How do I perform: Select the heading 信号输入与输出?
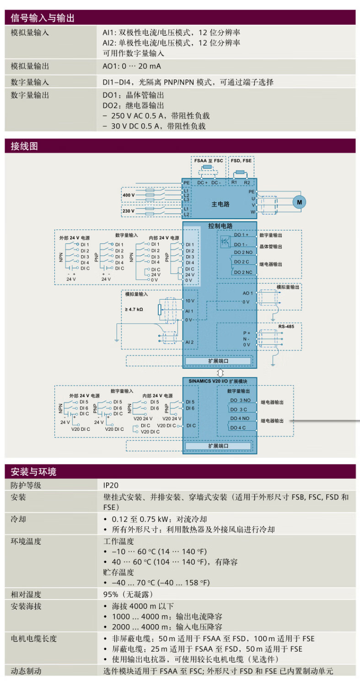click(43, 18)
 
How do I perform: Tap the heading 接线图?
click(24, 146)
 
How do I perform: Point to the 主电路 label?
click(220, 204)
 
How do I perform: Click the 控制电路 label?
click(220, 226)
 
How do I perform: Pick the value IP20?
click(111, 485)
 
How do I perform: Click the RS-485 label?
click(286, 327)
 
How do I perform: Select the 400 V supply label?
click(129, 195)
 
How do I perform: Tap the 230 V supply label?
click(129, 211)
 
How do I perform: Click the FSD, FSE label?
click(241, 161)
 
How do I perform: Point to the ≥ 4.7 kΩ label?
click(134, 309)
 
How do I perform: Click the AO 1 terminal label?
click(247, 293)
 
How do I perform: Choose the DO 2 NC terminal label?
click(243, 272)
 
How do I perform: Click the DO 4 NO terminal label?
click(239, 418)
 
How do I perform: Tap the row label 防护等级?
click(26, 485)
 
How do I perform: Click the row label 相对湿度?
click(26, 595)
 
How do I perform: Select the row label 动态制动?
click(26, 671)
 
